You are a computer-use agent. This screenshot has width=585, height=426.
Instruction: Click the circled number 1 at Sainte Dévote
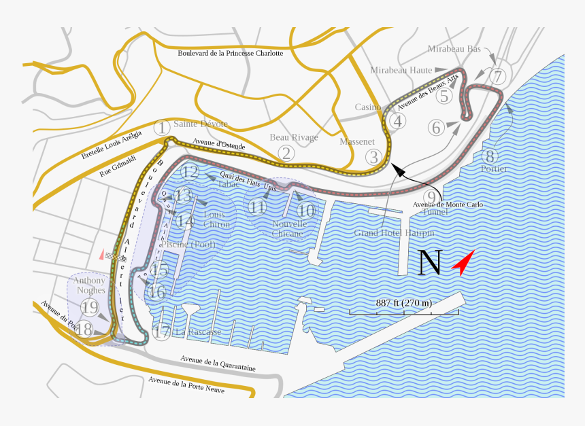[161, 127]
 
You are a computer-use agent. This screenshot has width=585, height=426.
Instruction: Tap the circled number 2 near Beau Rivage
[286, 153]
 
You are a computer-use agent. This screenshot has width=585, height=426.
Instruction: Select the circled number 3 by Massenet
[373, 158]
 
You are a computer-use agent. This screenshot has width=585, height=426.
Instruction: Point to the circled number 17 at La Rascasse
[162, 332]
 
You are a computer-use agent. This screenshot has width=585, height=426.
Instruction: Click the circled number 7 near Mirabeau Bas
[498, 76]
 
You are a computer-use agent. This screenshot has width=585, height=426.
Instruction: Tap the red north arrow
[463, 264]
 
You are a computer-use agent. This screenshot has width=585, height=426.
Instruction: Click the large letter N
[430, 263]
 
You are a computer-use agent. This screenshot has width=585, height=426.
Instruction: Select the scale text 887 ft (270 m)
[404, 302]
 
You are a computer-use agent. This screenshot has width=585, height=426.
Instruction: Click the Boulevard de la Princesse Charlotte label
[230, 52]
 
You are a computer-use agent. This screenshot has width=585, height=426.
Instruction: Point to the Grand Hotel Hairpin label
[394, 233]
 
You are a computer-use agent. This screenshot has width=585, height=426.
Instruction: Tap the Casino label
[368, 107]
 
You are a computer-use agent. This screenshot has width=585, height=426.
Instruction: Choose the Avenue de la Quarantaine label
[218, 363]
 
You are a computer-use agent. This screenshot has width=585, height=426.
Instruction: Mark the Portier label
[494, 168]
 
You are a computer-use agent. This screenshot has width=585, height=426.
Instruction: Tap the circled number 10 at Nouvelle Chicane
[306, 210]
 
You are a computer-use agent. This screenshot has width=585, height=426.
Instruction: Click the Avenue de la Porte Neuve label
[187, 385]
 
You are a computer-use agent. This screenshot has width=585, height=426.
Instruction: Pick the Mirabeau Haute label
[401, 70]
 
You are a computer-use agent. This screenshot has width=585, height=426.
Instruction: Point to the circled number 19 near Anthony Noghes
[90, 308]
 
